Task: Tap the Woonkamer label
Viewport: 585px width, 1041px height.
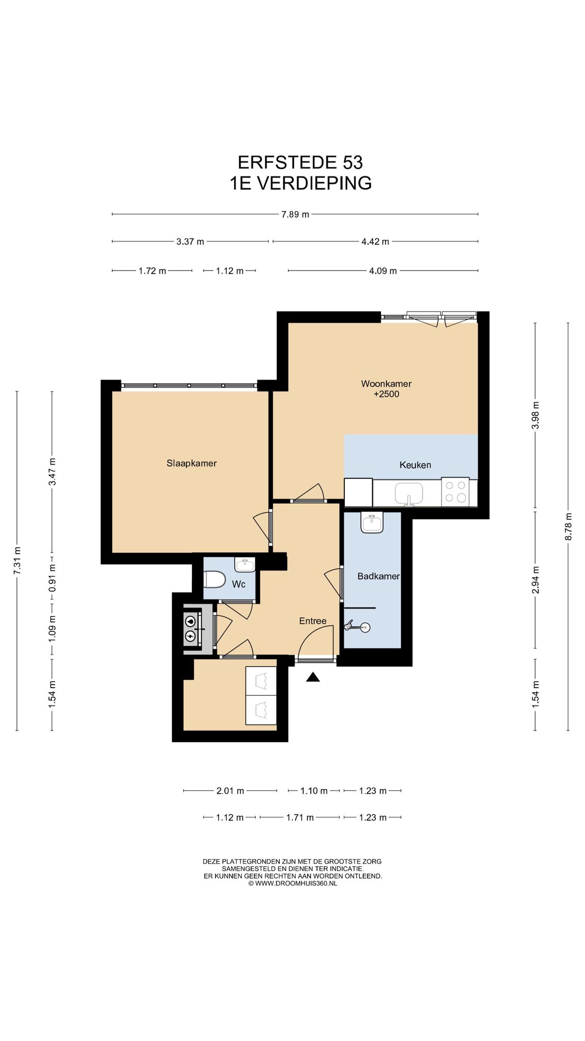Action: (386, 383)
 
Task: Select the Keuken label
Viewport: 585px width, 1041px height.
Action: (415, 465)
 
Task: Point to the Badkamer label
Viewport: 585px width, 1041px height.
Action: (378, 576)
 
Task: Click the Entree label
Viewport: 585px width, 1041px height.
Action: (313, 621)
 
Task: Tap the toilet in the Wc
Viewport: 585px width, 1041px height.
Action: (214, 579)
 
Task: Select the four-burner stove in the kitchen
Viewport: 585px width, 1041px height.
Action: (456, 492)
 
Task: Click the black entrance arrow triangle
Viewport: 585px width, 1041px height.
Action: (313, 677)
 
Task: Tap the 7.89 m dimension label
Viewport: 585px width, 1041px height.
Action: (295, 215)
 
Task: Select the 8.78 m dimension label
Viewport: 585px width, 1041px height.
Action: (568, 527)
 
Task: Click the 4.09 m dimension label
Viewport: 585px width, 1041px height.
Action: (383, 271)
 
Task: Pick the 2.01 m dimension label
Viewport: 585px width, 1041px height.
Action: (230, 791)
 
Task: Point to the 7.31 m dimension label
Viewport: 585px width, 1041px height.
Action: (17, 561)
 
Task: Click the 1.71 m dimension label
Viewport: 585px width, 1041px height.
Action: (300, 817)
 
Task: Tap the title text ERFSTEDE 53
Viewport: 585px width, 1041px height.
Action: (301, 162)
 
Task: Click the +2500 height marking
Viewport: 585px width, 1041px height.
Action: (386, 394)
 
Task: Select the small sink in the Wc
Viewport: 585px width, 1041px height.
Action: (245, 564)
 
